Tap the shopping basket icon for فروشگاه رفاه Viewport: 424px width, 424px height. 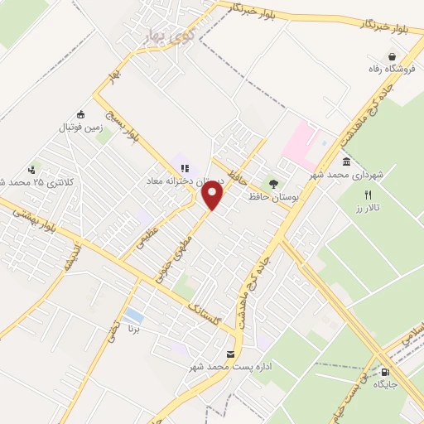tap(379, 57)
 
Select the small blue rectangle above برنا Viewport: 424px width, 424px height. tap(132, 316)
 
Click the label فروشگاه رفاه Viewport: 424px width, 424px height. tap(379, 70)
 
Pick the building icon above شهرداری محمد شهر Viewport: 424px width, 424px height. tap(345, 161)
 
